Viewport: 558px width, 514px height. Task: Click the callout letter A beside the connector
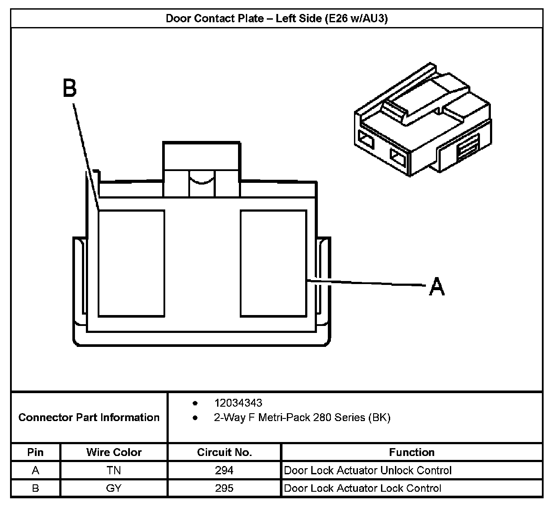pyautogui.click(x=437, y=287)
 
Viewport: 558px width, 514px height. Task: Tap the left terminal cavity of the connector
pyautogui.click(x=131, y=263)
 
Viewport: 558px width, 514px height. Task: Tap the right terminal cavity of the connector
pyautogui.click(x=273, y=263)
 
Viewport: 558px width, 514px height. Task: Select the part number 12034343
pyautogui.click(x=238, y=403)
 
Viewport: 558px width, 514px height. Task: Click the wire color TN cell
pyautogui.click(x=113, y=470)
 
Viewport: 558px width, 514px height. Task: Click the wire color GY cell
pyautogui.click(x=113, y=488)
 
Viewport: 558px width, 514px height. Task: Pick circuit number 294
pyautogui.click(x=224, y=470)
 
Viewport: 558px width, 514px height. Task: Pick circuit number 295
pyautogui.click(x=224, y=488)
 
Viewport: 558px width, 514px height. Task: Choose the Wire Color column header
pyautogui.click(x=114, y=452)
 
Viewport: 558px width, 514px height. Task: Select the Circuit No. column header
pyautogui.click(x=225, y=452)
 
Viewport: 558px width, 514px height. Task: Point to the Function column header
pyautogui.click(x=412, y=452)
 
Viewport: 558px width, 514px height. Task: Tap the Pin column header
pyautogui.click(x=35, y=452)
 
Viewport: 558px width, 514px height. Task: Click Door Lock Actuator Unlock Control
pyautogui.click(x=367, y=470)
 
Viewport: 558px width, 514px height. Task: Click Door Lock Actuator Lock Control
pyautogui.click(x=362, y=488)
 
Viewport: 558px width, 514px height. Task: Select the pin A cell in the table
pyautogui.click(x=35, y=470)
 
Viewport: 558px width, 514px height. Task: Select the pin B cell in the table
pyautogui.click(x=35, y=488)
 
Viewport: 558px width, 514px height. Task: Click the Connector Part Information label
pyautogui.click(x=89, y=418)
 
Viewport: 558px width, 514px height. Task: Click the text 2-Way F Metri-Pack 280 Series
pyautogui.click(x=302, y=418)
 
